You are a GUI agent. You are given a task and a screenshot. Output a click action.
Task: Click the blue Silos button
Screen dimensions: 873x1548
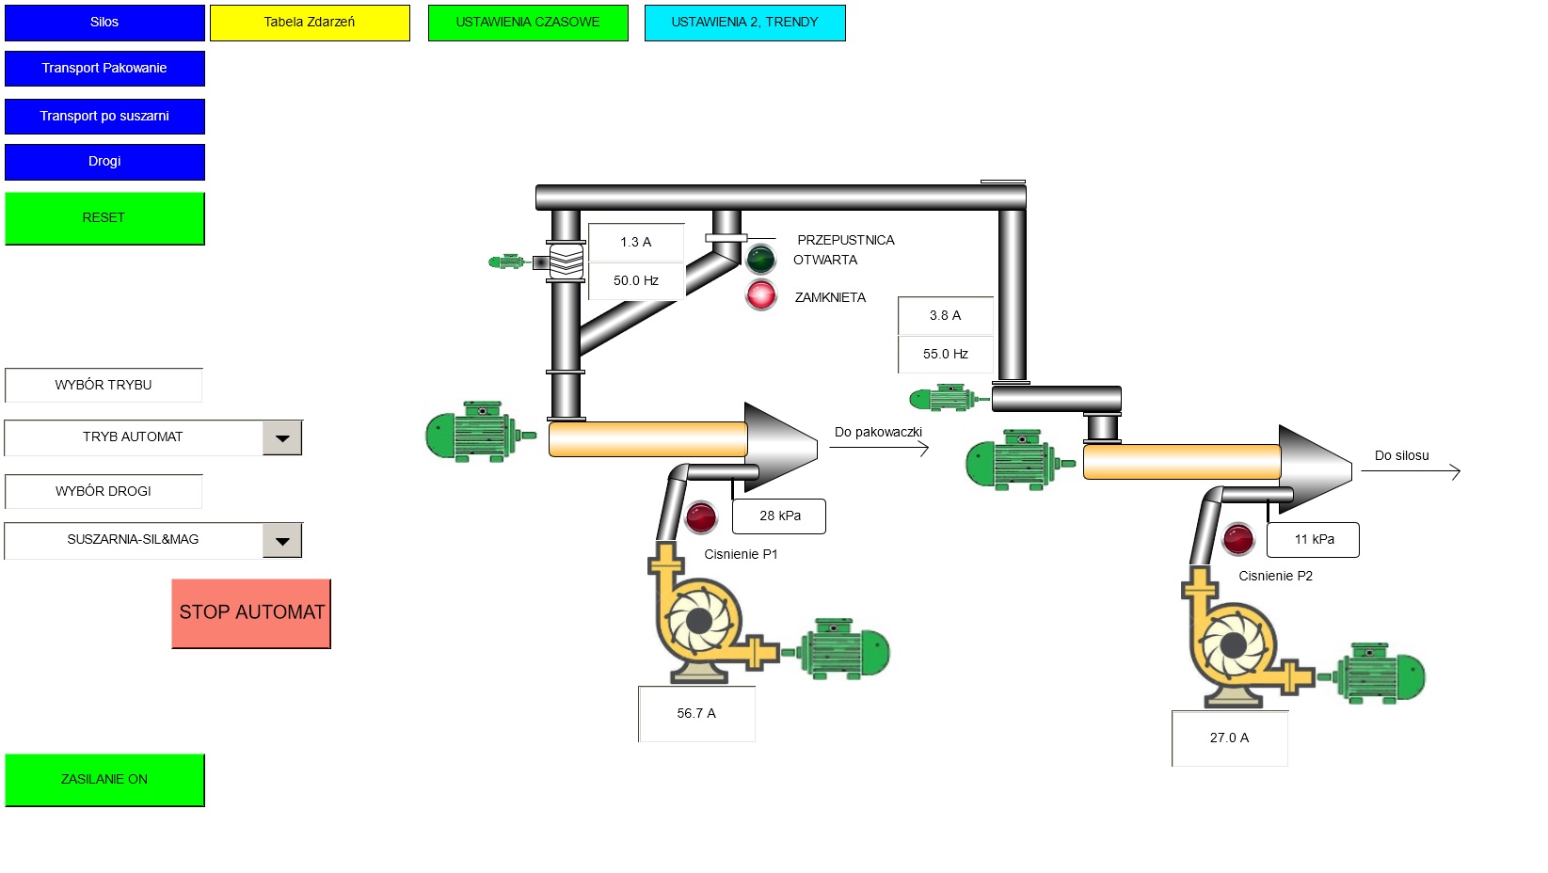coord(104,23)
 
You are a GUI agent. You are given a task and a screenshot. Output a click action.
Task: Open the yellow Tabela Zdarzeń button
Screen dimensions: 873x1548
coord(310,23)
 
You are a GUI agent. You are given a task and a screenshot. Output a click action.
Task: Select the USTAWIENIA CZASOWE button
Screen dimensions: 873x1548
coord(528,23)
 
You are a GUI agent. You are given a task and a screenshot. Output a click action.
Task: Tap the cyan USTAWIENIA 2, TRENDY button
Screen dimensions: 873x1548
coord(744,23)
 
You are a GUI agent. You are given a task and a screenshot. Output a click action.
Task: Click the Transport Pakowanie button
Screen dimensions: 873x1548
coord(104,69)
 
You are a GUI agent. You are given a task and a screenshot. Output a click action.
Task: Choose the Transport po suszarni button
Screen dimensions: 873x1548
coord(104,117)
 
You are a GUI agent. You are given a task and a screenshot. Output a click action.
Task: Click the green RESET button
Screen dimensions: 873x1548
coord(104,218)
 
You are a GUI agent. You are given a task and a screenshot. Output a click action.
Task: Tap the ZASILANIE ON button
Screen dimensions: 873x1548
coord(104,780)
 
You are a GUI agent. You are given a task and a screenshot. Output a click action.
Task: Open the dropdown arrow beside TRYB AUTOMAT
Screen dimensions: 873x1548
coord(282,438)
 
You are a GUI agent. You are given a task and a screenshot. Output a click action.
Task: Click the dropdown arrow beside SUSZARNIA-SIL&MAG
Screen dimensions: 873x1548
coord(282,541)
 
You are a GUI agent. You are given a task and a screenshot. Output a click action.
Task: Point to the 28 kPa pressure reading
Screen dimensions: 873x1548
coord(779,516)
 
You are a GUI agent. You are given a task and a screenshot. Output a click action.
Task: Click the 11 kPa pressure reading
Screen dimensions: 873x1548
coord(1313,540)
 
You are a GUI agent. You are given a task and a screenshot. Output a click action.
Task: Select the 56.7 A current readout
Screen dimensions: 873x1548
coord(696,714)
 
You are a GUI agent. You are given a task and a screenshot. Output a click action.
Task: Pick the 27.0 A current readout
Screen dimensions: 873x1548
coord(1229,738)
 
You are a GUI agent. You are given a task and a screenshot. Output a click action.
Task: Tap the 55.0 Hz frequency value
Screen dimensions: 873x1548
coord(946,355)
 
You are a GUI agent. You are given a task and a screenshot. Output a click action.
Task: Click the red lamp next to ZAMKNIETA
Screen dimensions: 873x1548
coord(761,295)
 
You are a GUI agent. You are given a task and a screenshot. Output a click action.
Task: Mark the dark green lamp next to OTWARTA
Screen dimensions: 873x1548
coord(760,258)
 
